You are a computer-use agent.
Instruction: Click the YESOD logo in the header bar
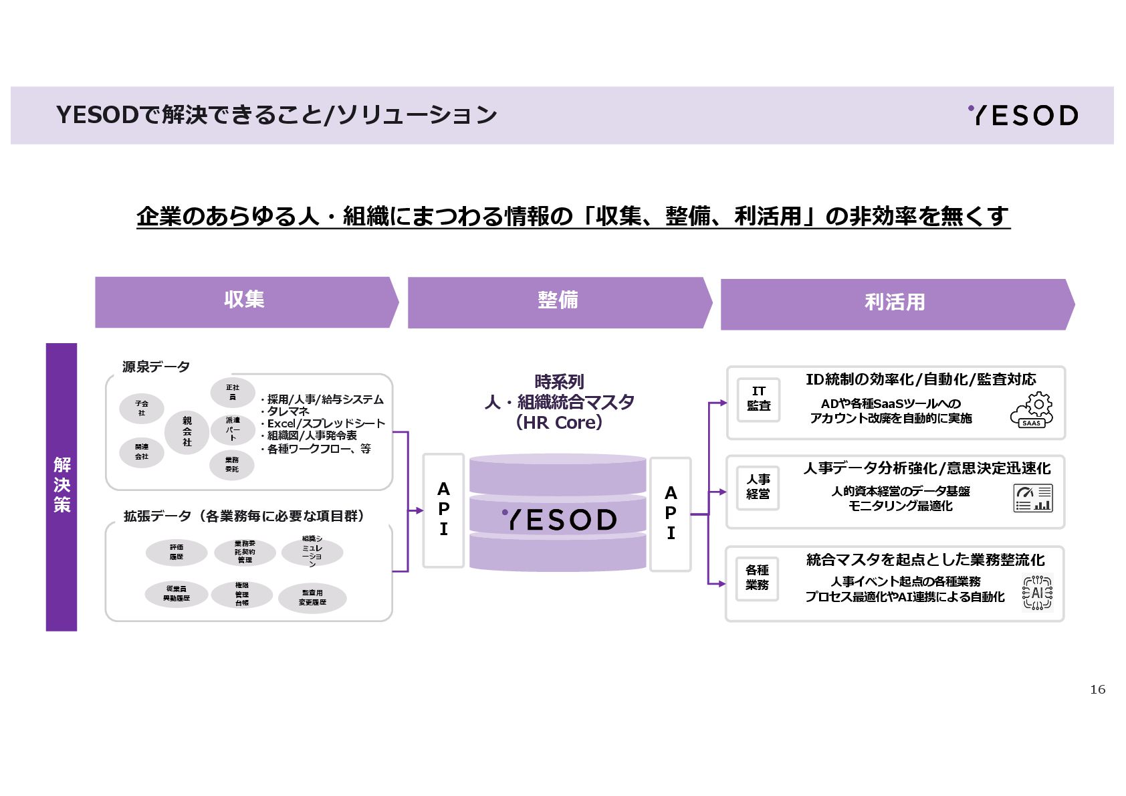pos(1023,116)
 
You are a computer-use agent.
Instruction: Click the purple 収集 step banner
pos(245,302)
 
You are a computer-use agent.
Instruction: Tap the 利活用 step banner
pos(895,304)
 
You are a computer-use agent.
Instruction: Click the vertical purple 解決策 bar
pos(62,486)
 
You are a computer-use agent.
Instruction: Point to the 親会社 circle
pos(187,431)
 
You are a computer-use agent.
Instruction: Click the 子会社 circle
pos(142,408)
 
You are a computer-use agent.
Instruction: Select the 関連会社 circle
pos(142,452)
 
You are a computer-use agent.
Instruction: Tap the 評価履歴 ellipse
pos(177,553)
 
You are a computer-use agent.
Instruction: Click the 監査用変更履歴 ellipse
pos(312,598)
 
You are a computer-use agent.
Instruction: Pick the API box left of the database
pos(443,510)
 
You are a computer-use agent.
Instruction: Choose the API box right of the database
pos(671,514)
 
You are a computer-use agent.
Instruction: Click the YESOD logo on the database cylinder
pos(559,520)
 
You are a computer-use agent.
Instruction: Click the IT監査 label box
pos(758,399)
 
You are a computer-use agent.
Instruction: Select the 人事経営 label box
pos(758,488)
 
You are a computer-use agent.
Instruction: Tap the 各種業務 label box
pos(757,578)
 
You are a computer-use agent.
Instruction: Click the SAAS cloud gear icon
pos(1032,411)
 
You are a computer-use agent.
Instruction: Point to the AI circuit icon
pos(1037,593)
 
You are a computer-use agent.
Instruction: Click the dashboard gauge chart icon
pos(1033,498)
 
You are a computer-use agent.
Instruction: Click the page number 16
pos(1097,690)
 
